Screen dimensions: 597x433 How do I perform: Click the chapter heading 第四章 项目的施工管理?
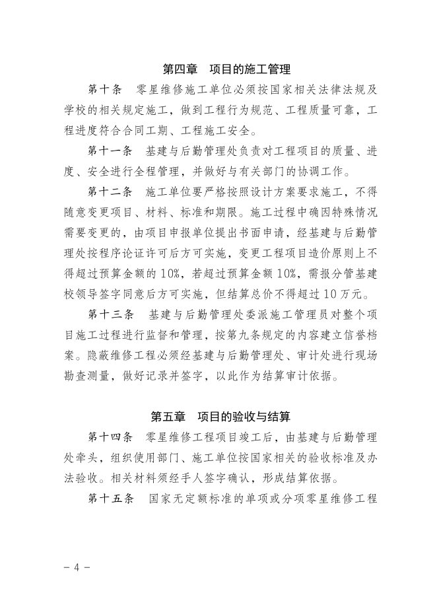coord(217,69)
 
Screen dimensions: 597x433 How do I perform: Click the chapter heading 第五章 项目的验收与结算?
coord(217,417)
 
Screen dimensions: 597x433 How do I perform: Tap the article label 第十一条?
coord(110,153)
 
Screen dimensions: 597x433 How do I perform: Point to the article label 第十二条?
coord(110,193)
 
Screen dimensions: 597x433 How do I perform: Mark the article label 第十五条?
coord(110,498)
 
